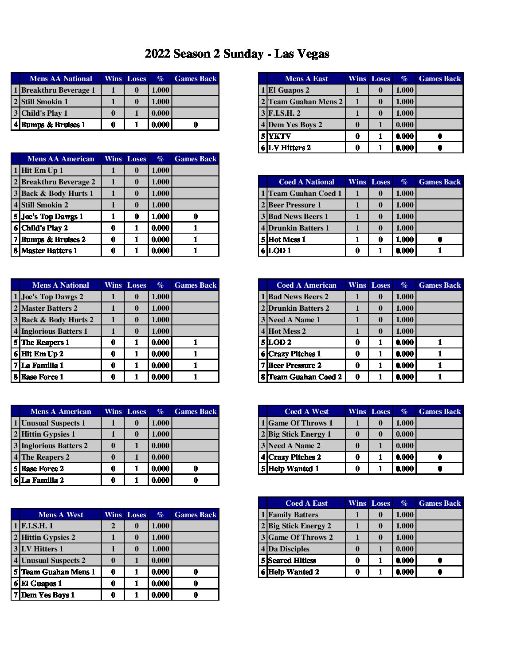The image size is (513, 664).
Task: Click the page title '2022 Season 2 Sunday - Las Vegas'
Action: [x=237, y=54]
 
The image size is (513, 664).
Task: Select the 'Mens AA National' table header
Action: [x=61, y=78]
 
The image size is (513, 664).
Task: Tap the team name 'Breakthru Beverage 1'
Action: [x=58, y=90]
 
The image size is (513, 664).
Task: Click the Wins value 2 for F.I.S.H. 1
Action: [x=113, y=526]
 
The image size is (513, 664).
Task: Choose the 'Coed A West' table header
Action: [x=306, y=411]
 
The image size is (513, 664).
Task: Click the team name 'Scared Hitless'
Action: [x=292, y=560]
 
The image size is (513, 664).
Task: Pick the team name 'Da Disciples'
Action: [x=289, y=549]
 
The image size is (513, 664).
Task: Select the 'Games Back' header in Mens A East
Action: [x=440, y=78]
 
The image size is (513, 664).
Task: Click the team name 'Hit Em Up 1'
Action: [x=42, y=170]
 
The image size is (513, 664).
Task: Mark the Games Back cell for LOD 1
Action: [x=440, y=250]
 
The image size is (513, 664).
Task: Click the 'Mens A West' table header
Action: [x=61, y=515]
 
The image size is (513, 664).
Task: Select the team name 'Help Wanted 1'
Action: [x=294, y=469]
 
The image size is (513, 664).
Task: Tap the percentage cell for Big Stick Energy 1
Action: [x=404, y=434]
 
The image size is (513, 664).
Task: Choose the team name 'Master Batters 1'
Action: [x=49, y=250]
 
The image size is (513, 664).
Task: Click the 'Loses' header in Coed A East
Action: [x=380, y=503]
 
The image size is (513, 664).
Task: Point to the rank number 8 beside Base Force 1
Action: [x=16, y=377]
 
